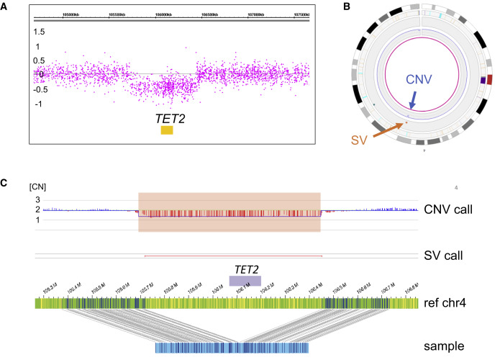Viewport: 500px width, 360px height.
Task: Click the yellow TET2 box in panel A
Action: tap(166, 130)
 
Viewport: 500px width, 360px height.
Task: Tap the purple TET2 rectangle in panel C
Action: tap(245, 282)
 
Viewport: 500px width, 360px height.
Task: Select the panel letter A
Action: tap(6, 8)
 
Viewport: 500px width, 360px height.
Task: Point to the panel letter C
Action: tap(6, 183)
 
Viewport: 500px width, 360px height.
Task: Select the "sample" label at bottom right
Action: tap(447, 346)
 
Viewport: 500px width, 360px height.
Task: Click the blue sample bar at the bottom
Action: tap(232, 348)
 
